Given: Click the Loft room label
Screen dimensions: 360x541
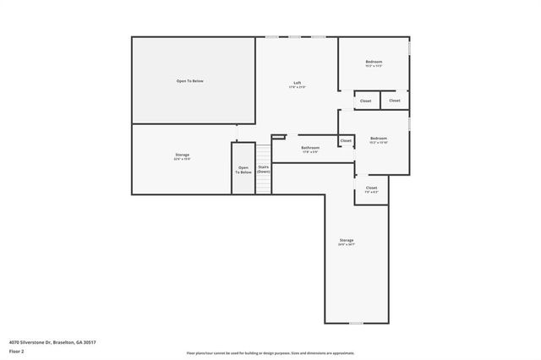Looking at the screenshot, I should (297, 82).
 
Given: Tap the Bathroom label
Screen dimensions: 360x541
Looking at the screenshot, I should (310, 148).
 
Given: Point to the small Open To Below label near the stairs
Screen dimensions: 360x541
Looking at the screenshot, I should (243, 170).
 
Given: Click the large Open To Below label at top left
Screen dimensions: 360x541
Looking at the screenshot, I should (189, 81).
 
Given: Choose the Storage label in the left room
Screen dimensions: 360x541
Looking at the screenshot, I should (182, 155).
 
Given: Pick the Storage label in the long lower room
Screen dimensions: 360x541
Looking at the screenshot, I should (347, 240).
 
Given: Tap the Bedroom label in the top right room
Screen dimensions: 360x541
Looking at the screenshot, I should (374, 62).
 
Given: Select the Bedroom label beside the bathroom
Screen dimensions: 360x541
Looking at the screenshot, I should (378, 138).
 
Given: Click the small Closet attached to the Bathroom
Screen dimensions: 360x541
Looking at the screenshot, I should (346, 140).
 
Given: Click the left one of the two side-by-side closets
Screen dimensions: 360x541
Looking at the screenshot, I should (365, 101).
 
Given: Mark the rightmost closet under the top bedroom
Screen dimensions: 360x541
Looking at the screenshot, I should (395, 101).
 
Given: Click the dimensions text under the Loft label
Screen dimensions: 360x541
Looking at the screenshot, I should (297, 87).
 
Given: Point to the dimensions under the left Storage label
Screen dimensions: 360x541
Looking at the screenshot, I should (182, 160).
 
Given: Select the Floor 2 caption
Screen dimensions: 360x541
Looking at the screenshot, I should (17, 351).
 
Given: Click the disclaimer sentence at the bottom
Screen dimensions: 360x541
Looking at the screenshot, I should (270, 353).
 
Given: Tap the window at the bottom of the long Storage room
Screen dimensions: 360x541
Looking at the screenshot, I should (356, 323).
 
